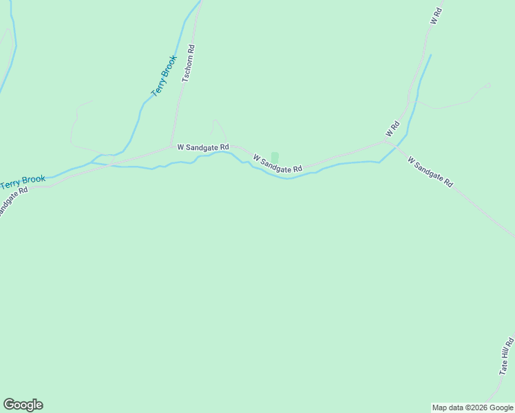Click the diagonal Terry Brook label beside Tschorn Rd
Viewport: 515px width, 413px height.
[165, 76]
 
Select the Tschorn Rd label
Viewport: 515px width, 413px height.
[189, 64]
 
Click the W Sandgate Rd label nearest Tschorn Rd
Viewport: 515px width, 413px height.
[202, 147]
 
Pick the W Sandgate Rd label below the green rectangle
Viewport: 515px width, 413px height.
[277, 164]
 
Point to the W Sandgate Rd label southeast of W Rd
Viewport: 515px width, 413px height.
[430, 172]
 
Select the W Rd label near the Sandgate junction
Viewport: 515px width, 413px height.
[392, 129]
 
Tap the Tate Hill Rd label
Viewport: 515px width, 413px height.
[507, 356]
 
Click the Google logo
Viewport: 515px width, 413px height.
[23, 405]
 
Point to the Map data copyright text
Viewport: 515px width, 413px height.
[473, 407]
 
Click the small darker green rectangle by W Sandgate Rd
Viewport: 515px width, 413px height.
[275, 158]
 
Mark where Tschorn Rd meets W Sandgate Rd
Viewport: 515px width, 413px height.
[171, 146]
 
